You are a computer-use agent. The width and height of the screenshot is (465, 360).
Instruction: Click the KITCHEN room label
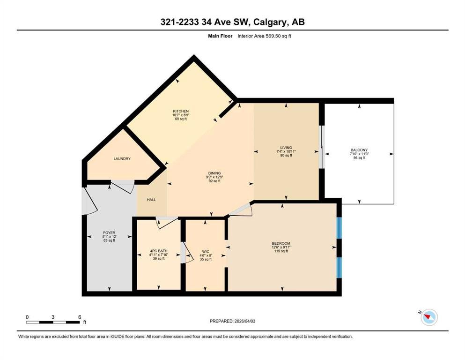[x=181, y=111]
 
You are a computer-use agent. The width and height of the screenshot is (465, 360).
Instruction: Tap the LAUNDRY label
[x=122, y=159]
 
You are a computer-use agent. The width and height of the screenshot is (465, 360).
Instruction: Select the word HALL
[x=151, y=200]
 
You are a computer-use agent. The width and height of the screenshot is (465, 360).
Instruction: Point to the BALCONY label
[x=359, y=150]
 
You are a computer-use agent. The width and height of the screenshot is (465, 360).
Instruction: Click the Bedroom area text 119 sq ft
[x=281, y=251]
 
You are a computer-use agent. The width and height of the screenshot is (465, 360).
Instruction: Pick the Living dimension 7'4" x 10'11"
[x=286, y=151]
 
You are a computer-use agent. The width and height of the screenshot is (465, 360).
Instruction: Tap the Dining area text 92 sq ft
[x=214, y=181]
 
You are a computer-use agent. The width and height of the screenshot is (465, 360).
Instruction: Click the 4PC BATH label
[x=159, y=251]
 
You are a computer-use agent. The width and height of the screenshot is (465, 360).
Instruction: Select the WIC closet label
[x=206, y=252]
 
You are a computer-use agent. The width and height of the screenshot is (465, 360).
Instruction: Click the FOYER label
[x=109, y=232]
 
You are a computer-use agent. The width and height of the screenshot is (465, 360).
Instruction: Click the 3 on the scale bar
[x=53, y=317]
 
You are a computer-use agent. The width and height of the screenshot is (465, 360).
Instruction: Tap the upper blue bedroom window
[x=339, y=228]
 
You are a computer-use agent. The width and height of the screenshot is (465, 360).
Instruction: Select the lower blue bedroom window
[x=339, y=268]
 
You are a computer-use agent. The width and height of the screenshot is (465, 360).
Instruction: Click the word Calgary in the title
[x=271, y=22]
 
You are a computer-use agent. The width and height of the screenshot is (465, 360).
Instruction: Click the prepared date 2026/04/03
[x=245, y=321]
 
